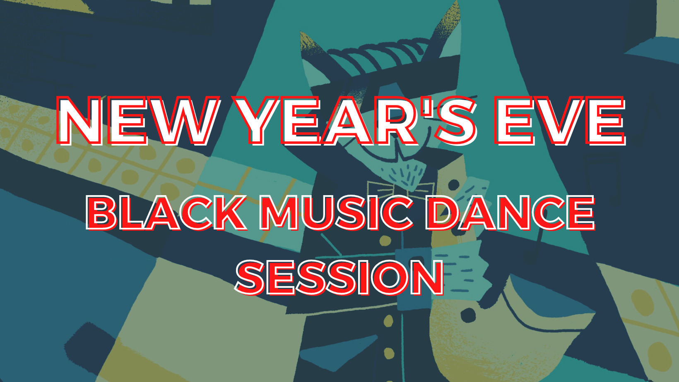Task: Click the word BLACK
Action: [166, 213]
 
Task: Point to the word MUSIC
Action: [337, 213]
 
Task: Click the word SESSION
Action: [340, 277]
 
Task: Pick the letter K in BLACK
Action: [229, 213]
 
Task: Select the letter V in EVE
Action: [560, 121]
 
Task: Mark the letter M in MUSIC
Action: [280, 213]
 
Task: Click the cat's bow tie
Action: [400, 189]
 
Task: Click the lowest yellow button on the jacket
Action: [389, 353]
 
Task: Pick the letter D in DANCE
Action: [443, 213]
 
